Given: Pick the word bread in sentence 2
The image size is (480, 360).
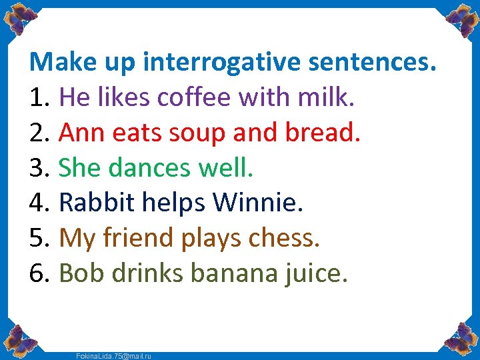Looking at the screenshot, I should click(x=323, y=133).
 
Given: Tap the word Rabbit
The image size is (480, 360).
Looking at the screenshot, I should click(x=97, y=203).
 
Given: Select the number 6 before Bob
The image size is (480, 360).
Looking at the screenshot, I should click(x=37, y=272).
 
